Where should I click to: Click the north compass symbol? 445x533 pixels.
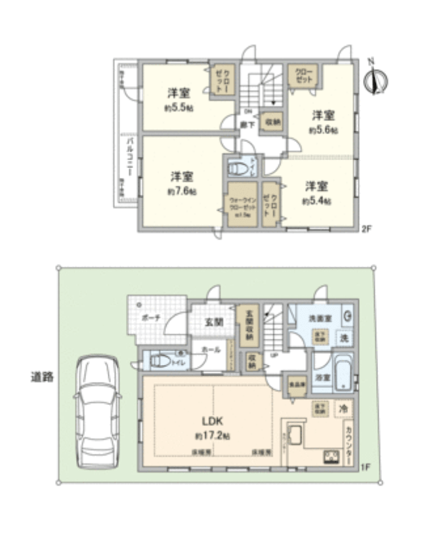(376, 79)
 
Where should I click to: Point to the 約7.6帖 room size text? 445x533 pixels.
(181, 192)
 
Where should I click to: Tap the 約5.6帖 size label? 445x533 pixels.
(324, 130)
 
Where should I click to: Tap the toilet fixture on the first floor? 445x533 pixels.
(159, 361)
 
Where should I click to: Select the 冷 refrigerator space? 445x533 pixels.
(343, 408)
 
